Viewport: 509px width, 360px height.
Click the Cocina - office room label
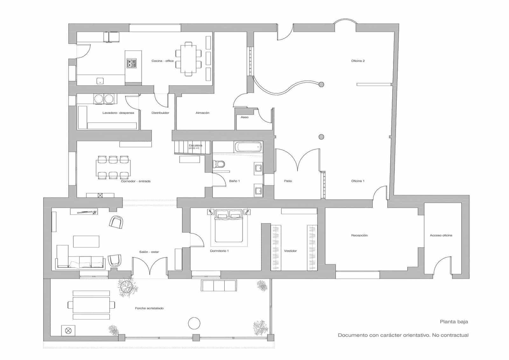163,61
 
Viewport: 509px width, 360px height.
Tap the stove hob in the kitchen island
131,63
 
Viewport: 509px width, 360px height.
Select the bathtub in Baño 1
248,147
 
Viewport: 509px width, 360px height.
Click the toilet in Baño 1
219,164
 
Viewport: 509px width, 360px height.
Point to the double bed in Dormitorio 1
229,226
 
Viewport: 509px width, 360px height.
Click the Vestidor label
290,251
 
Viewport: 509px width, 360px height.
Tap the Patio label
288,181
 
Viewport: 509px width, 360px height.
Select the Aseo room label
244,117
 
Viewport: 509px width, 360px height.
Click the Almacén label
202,113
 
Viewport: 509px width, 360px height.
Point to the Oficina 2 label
358,61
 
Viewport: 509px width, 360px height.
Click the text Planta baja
454,321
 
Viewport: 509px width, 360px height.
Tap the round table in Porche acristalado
194,323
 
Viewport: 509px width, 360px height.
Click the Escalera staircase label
195,145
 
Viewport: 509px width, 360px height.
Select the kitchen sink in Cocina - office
100,81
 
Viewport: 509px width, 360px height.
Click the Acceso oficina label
441,235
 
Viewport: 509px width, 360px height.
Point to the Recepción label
359,235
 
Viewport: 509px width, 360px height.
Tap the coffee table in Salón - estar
86,241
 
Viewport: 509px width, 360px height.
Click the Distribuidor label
160,113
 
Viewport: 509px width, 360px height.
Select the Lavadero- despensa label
118,113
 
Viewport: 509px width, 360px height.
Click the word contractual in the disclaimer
455,335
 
